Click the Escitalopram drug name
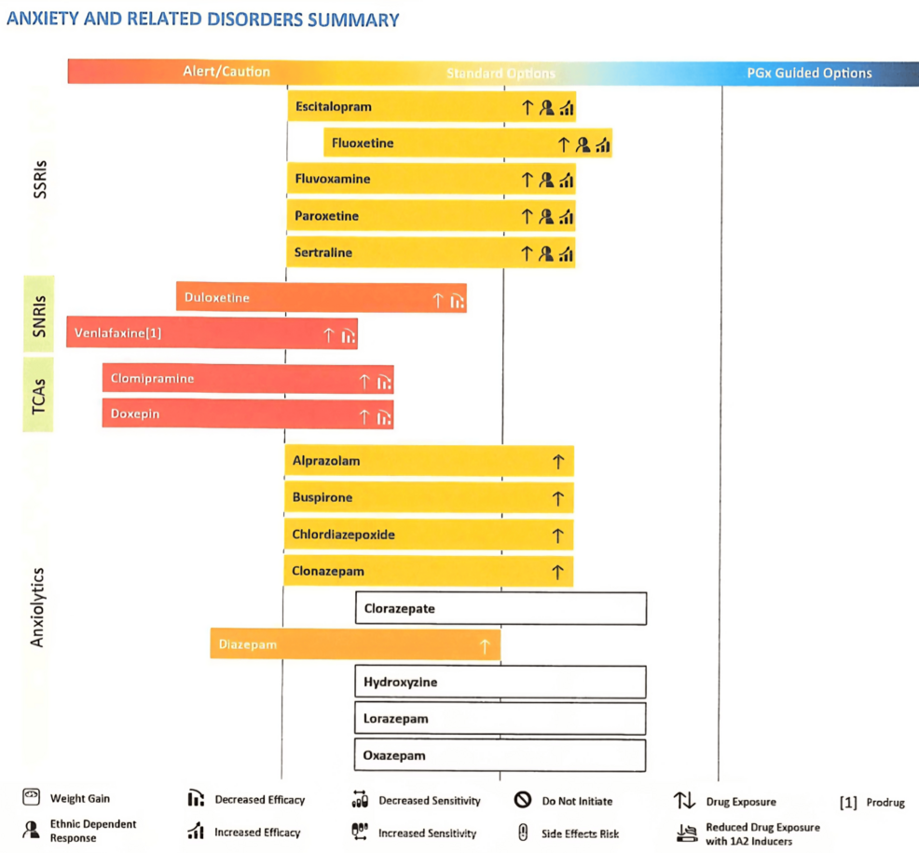[x=333, y=107]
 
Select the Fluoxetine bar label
[x=363, y=143]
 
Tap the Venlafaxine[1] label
[x=117, y=332]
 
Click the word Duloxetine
[x=217, y=298]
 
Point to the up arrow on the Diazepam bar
[x=484, y=645]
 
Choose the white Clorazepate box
[x=501, y=609]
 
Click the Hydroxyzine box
[x=501, y=683]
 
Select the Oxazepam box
[x=501, y=756]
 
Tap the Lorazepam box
[x=501, y=719]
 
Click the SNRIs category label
[x=39, y=314]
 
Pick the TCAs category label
[x=39, y=395]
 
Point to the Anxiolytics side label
[x=38, y=606]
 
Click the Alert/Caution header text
[x=226, y=72]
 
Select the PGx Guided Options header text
[x=809, y=73]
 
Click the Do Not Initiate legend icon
[x=523, y=800]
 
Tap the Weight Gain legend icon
[x=32, y=797]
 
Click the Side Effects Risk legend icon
[x=523, y=833]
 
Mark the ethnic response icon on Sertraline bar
[x=546, y=253]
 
